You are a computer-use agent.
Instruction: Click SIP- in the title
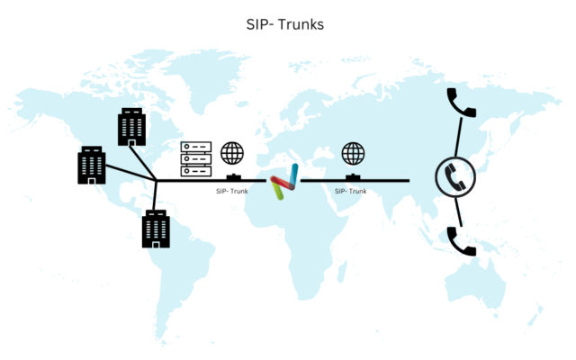coord(260,25)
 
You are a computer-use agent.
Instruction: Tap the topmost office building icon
coord(132,127)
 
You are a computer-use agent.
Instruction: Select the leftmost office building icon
coord(92,165)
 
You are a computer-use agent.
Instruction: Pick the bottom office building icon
coord(156,229)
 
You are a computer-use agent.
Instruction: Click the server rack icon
coord(196,158)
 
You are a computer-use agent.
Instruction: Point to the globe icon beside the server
coord(232,153)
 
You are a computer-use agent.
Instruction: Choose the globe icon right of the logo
coord(353,153)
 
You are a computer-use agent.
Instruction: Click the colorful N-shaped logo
coord(284,182)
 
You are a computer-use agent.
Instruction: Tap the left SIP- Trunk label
coord(232,191)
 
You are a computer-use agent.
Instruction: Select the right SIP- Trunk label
coord(351,191)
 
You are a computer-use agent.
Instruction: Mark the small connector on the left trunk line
coord(233,177)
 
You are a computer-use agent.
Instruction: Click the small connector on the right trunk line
coord(354,177)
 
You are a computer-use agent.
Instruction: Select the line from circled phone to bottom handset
coord(458,212)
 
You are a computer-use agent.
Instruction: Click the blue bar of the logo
coord(294,175)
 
